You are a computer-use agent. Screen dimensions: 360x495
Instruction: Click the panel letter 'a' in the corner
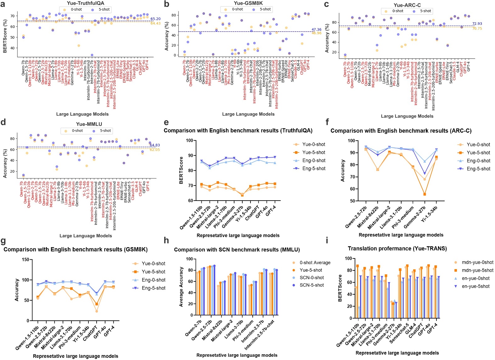point(3,4)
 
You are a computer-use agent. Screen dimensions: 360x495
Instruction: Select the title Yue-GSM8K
point(248,3)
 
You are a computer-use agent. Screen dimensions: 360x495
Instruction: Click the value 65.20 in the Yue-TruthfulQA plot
point(155,19)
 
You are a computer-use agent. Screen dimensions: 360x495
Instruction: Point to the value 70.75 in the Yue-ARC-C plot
point(477,29)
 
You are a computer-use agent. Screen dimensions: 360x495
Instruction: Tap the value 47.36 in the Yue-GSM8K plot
point(316,30)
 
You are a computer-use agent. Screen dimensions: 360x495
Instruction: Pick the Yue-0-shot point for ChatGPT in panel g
point(97,311)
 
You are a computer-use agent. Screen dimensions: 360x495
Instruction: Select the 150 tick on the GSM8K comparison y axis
point(25,260)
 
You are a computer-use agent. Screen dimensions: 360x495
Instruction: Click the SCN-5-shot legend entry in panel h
point(311,285)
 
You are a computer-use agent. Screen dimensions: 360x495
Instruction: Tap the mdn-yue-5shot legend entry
point(477,270)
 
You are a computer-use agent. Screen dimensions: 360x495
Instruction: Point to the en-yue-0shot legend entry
point(475,278)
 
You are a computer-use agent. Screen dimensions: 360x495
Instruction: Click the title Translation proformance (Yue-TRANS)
point(397,249)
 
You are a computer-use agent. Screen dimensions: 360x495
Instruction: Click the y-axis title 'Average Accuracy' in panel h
point(181,287)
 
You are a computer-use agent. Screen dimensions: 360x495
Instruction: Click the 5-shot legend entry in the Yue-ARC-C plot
point(425,11)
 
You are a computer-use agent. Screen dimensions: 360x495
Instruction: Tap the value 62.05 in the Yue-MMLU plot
point(155,150)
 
